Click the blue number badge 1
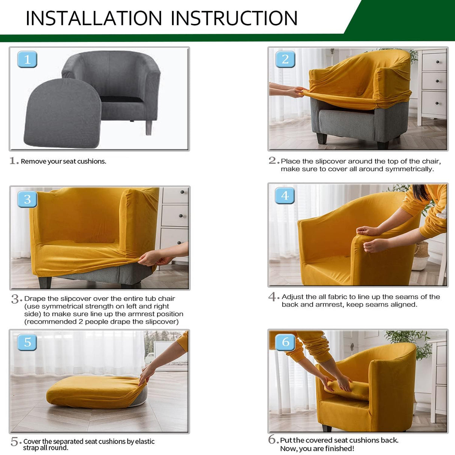click(x=27, y=59)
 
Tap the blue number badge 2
click(x=285, y=59)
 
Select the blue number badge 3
click(x=27, y=199)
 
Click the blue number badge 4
click(x=285, y=196)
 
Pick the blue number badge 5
click(x=27, y=342)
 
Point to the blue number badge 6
click(x=286, y=342)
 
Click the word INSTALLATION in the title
click(x=94, y=18)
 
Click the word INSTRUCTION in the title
click(x=234, y=18)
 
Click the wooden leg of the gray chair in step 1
click(x=149, y=127)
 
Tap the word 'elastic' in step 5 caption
click(x=145, y=442)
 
